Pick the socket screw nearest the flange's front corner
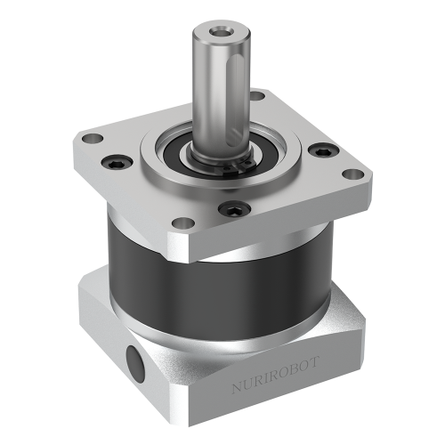click(x=232, y=210)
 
